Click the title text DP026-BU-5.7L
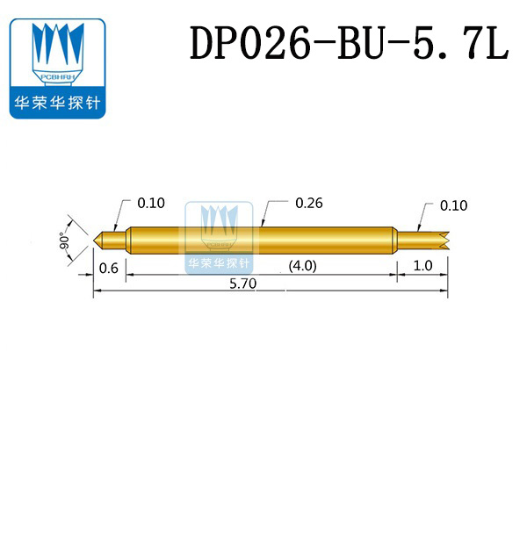(350, 44)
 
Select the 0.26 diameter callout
(308, 203)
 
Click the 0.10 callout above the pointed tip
(150, 203)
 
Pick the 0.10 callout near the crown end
(453, 205)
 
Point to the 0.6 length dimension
(109, 268)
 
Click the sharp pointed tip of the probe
(95, 239)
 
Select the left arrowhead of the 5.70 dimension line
(97, 294)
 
